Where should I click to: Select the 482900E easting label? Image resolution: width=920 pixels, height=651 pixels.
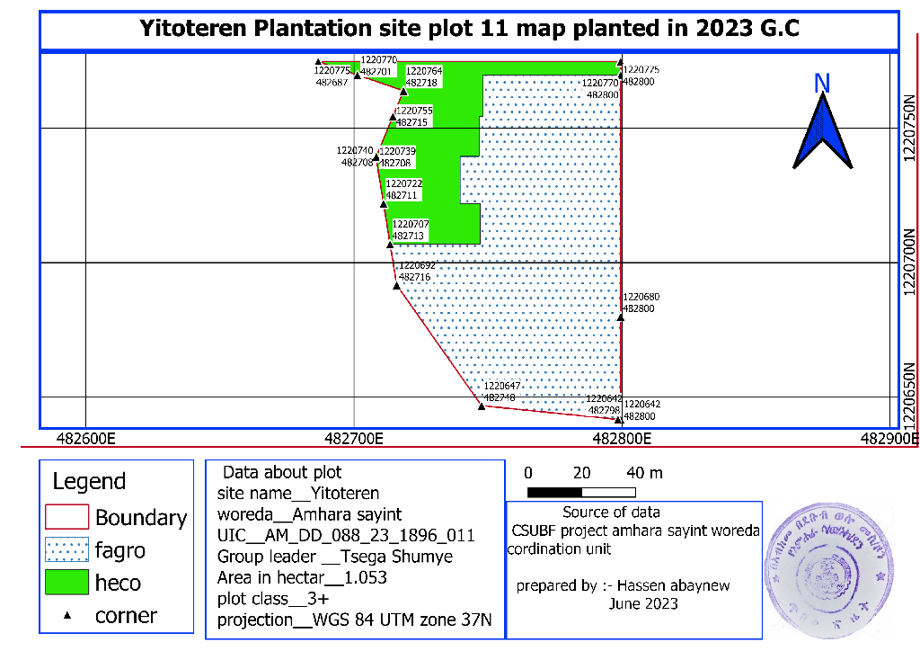(x=889, y=439)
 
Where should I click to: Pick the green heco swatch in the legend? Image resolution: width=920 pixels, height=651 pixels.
(x=66, y=583)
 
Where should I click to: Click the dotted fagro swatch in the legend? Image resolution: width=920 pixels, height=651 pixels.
(x=66, y=549)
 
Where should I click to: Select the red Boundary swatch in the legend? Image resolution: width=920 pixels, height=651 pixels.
(x=66, y=517)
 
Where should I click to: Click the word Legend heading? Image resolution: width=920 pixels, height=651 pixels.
(x=89, y=481)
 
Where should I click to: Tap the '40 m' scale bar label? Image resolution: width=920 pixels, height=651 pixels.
(x=644, y=473)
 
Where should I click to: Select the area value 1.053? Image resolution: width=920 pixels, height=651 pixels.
(x=367, y=576)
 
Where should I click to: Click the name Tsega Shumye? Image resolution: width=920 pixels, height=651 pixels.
(x=411, y=557)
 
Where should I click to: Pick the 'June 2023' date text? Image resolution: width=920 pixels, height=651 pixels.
(x=643, y=603)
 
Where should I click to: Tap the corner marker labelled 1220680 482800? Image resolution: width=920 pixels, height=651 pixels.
(x=620, y=317)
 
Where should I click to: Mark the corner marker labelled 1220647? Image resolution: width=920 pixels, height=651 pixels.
(x=482, y=406)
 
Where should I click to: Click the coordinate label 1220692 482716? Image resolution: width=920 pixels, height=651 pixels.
(x=416, y=272)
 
